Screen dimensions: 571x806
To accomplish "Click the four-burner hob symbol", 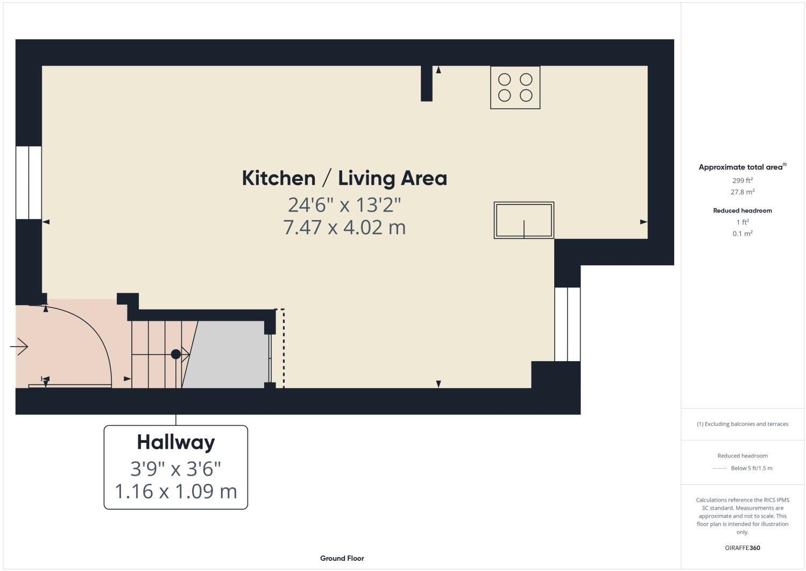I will pos(515,87).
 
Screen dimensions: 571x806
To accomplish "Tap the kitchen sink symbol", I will pos(524,220).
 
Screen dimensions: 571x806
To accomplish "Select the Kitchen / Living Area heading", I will pos(344,178).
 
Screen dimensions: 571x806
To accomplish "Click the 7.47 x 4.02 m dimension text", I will pos(344,227).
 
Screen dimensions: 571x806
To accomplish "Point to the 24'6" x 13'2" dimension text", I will pos(344,205).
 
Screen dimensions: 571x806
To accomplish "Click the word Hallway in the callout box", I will pos(176,442).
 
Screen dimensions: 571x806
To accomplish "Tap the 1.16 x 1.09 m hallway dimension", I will pos(176,491).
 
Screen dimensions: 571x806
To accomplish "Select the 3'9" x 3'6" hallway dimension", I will pos(176,469).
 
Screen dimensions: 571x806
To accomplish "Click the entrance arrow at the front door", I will pos(19,347).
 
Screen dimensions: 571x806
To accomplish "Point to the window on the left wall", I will pos(29,182).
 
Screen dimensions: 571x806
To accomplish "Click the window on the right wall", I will pos(567,324).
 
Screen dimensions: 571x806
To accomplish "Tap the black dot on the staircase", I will pos(175,354).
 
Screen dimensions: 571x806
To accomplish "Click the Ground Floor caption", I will pos(342,558).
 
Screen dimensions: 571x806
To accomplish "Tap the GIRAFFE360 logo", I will pos(743,548).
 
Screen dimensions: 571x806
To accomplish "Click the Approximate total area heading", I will pos(742,167).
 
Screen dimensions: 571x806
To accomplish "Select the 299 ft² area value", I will pos(743,180).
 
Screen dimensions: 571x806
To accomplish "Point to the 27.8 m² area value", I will pos(743,192).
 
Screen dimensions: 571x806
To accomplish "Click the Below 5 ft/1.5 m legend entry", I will pos(751,468).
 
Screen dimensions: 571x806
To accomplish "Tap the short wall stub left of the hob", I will pos(426,83).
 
